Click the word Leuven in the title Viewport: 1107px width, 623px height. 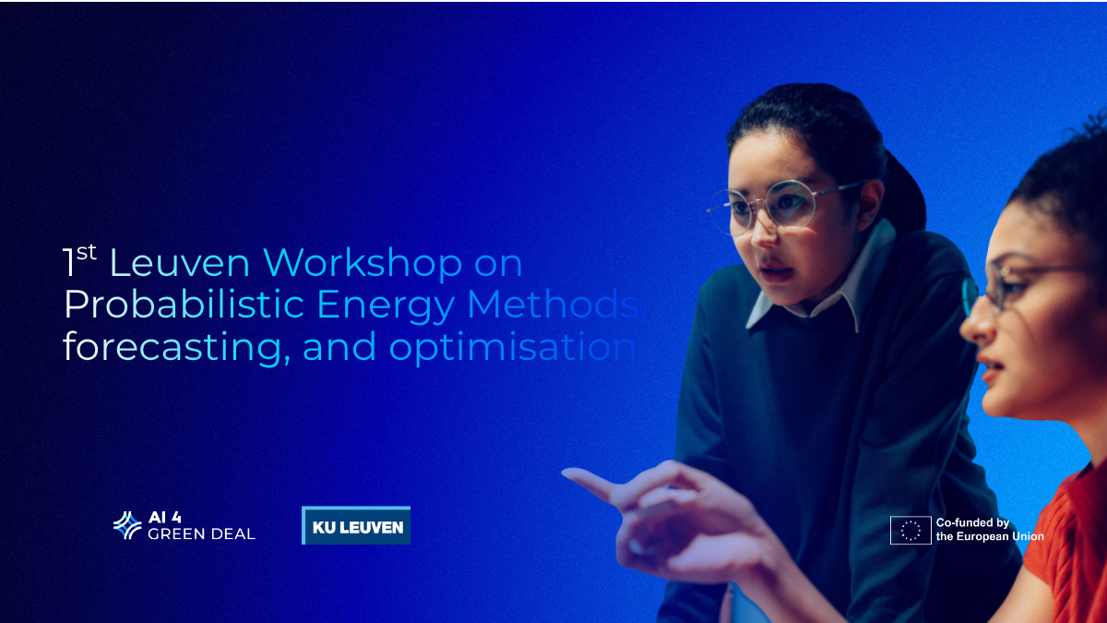click(x=179, y=264)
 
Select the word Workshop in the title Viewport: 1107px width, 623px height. click(x=362, y=264)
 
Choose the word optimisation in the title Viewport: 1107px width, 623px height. click(x=512, y=348)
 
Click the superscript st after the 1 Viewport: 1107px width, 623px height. click(x=86, y=251)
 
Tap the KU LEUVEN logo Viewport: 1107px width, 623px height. click(x=356, y=526)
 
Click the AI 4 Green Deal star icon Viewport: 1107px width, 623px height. click(x=127, y=525)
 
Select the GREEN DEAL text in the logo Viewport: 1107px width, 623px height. click(x=201, y=533)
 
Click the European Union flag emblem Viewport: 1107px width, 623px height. click(x=910, y=530)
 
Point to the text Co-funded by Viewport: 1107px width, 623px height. click(x=972, y=523)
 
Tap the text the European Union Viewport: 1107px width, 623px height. click(x=990, y=536)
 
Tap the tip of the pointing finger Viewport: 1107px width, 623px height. click(x=568, y=476)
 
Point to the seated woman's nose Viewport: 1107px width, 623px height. click(x=971, y=322)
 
